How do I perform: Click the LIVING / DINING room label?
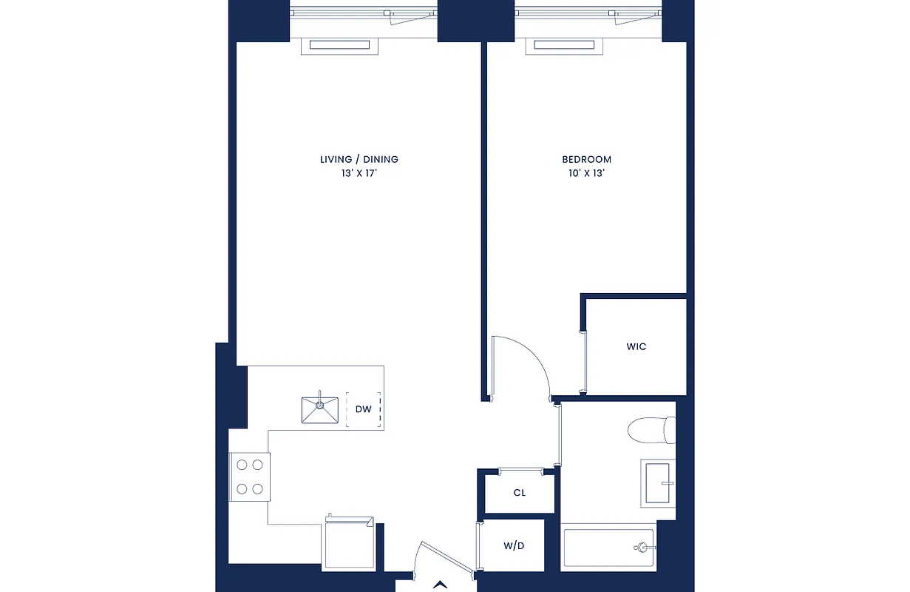point(359,159)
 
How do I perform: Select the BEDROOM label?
point(586,159)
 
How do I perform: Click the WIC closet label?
point(636,346)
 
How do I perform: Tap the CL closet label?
point(519,493)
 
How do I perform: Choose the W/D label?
point(514,547)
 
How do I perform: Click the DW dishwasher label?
point(362,409)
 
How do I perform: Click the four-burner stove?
point(249,477)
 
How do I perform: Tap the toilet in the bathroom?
point(651,430)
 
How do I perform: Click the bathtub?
point(608,548)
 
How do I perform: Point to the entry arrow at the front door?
point(442,583)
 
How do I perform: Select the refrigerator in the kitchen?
point(347,544)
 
